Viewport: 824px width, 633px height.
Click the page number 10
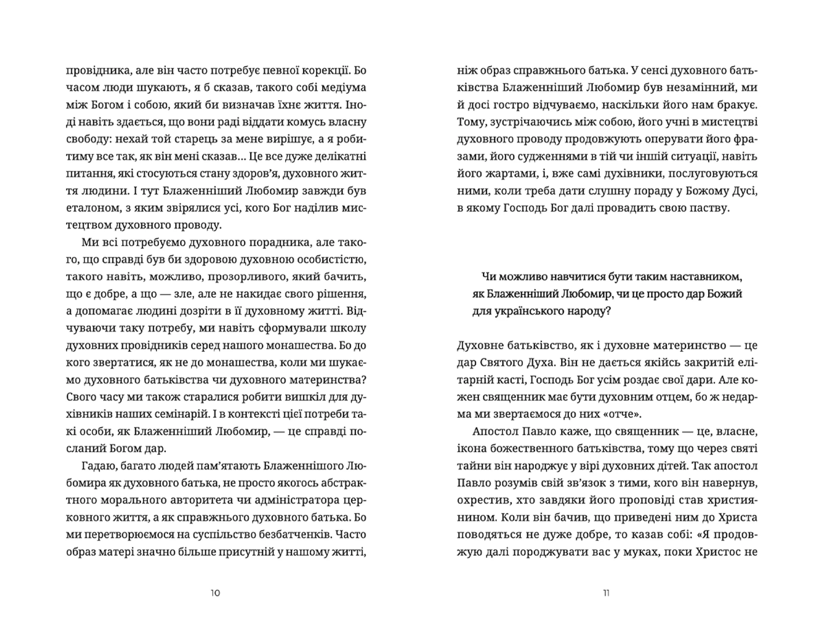click(x=215, y=593)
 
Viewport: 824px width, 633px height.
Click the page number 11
click(x=606, y=593)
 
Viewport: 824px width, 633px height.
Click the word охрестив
click(x=481, y=500)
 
